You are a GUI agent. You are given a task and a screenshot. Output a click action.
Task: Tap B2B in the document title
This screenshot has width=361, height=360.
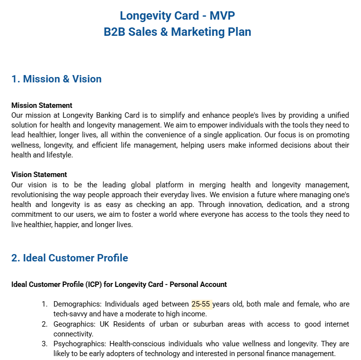click(114, 32)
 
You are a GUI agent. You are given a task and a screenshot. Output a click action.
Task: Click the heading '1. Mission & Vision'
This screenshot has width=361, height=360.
click(56, 79)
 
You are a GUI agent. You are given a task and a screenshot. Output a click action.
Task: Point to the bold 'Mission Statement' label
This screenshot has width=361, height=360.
click(42, 105)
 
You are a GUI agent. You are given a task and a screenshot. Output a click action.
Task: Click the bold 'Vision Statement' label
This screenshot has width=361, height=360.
click(39, 175)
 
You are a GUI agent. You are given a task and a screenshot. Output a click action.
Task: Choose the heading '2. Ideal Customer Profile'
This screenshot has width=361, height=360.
click(70, 258)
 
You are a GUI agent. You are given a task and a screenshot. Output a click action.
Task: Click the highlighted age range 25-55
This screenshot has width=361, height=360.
click(201, 304)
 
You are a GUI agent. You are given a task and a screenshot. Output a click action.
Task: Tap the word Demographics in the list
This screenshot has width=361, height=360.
click(77, 304)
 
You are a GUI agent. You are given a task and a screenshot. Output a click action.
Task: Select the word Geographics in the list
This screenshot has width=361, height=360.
click(75, 324)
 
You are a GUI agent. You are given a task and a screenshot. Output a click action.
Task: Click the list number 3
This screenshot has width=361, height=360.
click(44, 344)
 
